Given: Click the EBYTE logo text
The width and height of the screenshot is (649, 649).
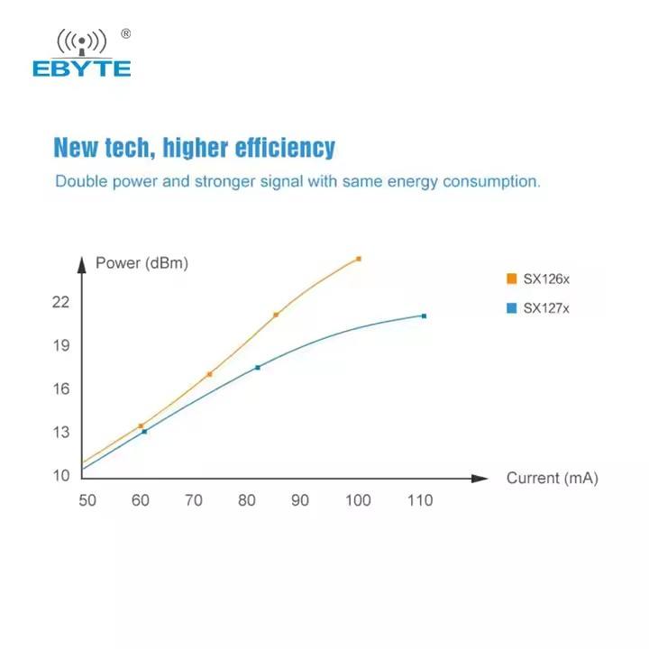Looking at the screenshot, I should (x=81, y=69).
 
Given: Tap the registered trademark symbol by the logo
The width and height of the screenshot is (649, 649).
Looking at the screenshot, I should (x=125, y=34).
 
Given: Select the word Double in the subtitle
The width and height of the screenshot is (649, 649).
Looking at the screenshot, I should (x=80, y=181).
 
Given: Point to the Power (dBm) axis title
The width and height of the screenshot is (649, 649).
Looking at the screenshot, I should (x=142, y=263).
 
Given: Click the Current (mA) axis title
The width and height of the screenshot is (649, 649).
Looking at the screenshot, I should (x=552, y=478).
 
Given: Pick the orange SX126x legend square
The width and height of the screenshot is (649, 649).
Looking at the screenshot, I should (x=511, y=279).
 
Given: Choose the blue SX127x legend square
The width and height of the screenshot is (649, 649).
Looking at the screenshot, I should (x=511, y=308).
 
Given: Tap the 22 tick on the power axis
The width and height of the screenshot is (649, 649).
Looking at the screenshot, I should (x=61, y=302).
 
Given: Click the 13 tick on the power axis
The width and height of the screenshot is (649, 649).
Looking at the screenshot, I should (x=61, y=432).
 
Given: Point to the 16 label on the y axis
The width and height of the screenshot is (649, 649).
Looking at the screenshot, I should (x=61, y=388).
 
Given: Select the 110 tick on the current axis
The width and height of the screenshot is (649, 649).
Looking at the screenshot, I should (x=419, y=500).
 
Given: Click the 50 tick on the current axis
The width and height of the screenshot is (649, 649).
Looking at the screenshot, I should (x=88, y=500).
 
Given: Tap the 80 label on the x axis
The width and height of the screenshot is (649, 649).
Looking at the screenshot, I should (x=247, y=500).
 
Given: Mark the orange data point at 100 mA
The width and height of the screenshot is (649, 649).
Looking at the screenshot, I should (x=359, y=259).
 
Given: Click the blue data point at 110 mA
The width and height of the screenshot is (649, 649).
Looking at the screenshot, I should (x=424, y=315).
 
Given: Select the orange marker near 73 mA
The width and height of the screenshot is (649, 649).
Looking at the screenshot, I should (x=210, y=374).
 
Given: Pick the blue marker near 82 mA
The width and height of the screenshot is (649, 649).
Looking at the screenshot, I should (x=258, y=367).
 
